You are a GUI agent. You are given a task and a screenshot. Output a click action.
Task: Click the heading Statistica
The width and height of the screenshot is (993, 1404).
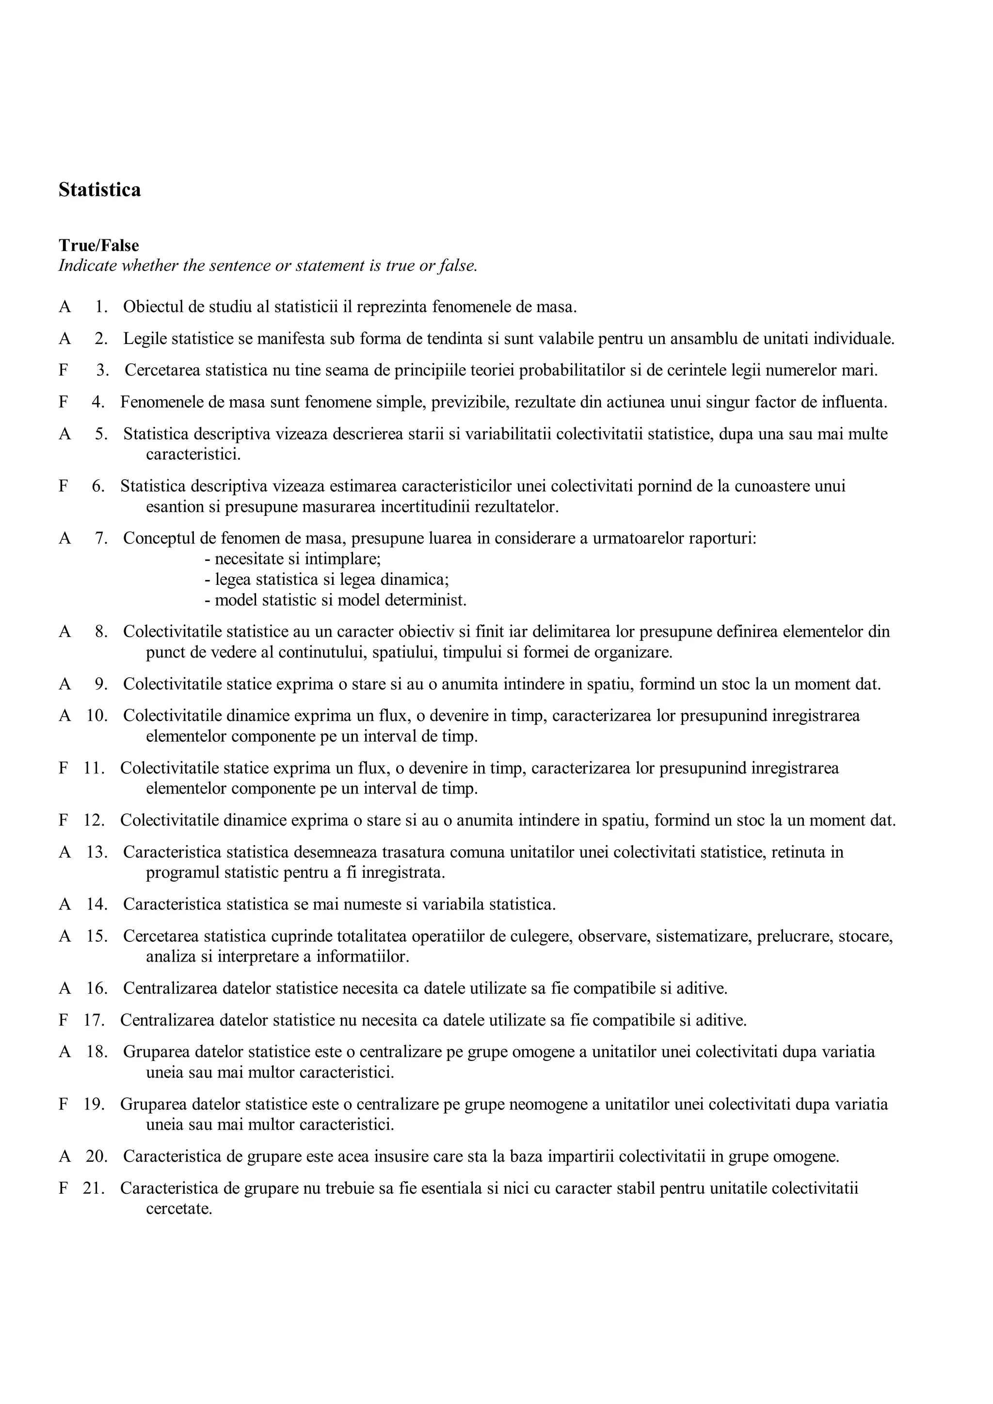coord(99,189)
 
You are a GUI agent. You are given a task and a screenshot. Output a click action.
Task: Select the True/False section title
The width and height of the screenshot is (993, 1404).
coord(98,246)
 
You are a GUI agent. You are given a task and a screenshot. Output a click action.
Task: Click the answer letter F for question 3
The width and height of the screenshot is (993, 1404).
coord(64,371)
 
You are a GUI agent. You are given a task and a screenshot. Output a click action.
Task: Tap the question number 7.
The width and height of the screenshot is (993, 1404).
coord(101,539)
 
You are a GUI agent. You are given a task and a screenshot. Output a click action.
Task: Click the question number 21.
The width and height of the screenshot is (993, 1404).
coord(94,1188)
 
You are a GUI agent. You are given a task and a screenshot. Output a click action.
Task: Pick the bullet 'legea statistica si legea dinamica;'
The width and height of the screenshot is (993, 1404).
coord(327,579)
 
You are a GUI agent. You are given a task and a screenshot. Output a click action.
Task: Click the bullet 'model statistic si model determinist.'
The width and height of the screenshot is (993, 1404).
coord(335,600)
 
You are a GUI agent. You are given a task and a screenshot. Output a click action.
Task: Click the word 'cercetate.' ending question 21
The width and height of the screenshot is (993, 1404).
coord(178,1209)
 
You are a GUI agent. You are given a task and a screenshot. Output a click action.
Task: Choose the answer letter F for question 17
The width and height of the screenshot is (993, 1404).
coord(64,1020)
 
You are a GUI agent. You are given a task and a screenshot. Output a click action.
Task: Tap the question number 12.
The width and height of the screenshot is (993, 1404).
coord(94,820)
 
